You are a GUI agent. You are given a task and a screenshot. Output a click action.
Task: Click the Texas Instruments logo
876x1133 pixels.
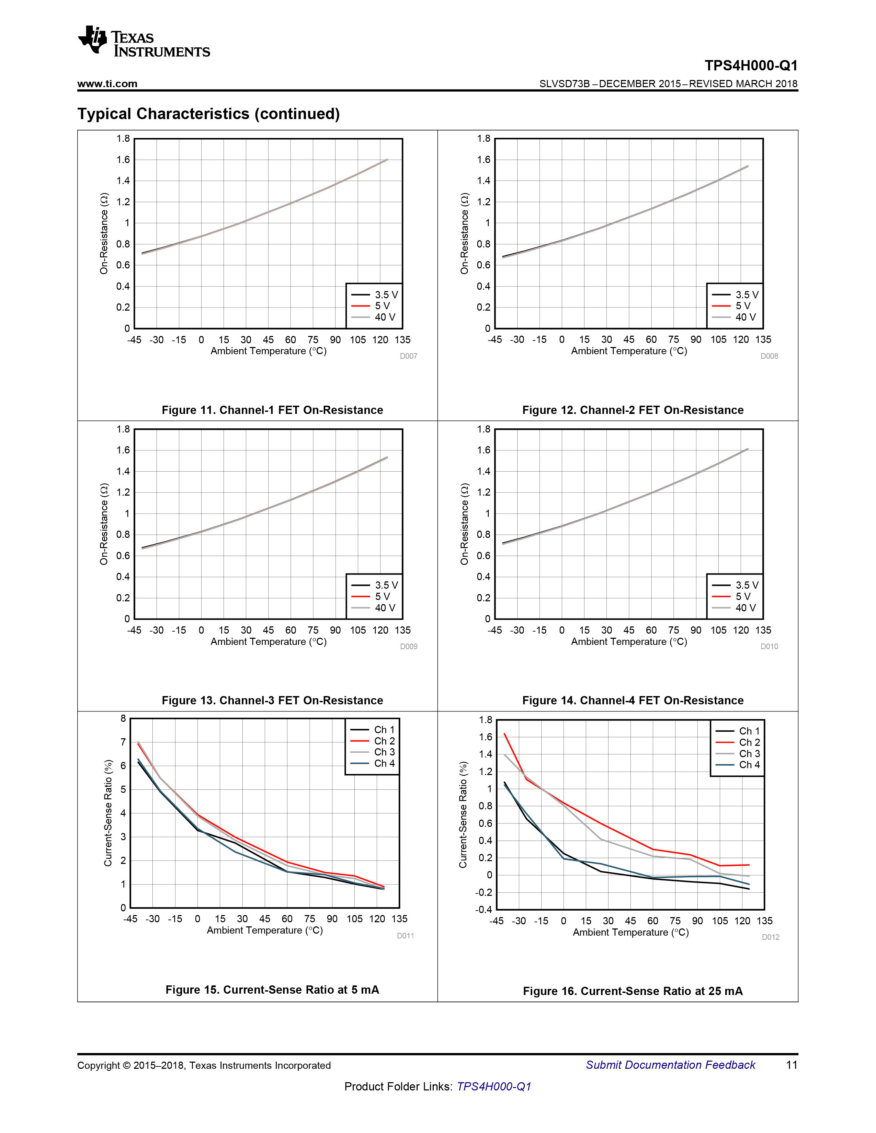tap(144, 41)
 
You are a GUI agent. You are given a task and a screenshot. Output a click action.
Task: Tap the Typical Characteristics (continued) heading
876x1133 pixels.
tap(209, 114)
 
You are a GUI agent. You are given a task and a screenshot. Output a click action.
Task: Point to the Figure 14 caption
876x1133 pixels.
tap(633, 700)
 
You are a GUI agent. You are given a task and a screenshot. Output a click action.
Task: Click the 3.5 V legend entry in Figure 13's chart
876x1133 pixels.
tap(375, 585)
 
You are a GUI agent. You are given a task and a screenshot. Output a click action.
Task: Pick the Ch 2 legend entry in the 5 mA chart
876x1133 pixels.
tap(373, 741)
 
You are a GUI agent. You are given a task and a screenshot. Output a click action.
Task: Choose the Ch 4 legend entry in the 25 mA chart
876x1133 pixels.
tap(737, 765)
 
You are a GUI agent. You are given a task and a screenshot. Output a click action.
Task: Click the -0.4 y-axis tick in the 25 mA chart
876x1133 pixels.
tap(483, 910)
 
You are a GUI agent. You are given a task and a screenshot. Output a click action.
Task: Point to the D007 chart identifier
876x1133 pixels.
tap(408, 356)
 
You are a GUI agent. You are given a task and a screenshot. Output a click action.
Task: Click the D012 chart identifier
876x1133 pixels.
tap(771, 937)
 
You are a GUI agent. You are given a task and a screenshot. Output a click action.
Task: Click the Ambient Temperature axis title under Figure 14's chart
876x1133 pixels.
tap(629, 642)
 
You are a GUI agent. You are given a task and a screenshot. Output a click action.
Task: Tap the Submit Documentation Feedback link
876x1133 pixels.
tap(671, 1065)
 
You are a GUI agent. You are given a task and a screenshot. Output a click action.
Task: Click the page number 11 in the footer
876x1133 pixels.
tap(792, 1065)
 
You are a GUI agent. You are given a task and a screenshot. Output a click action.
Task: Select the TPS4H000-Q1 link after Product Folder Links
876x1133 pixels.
tap(494, 1087)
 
